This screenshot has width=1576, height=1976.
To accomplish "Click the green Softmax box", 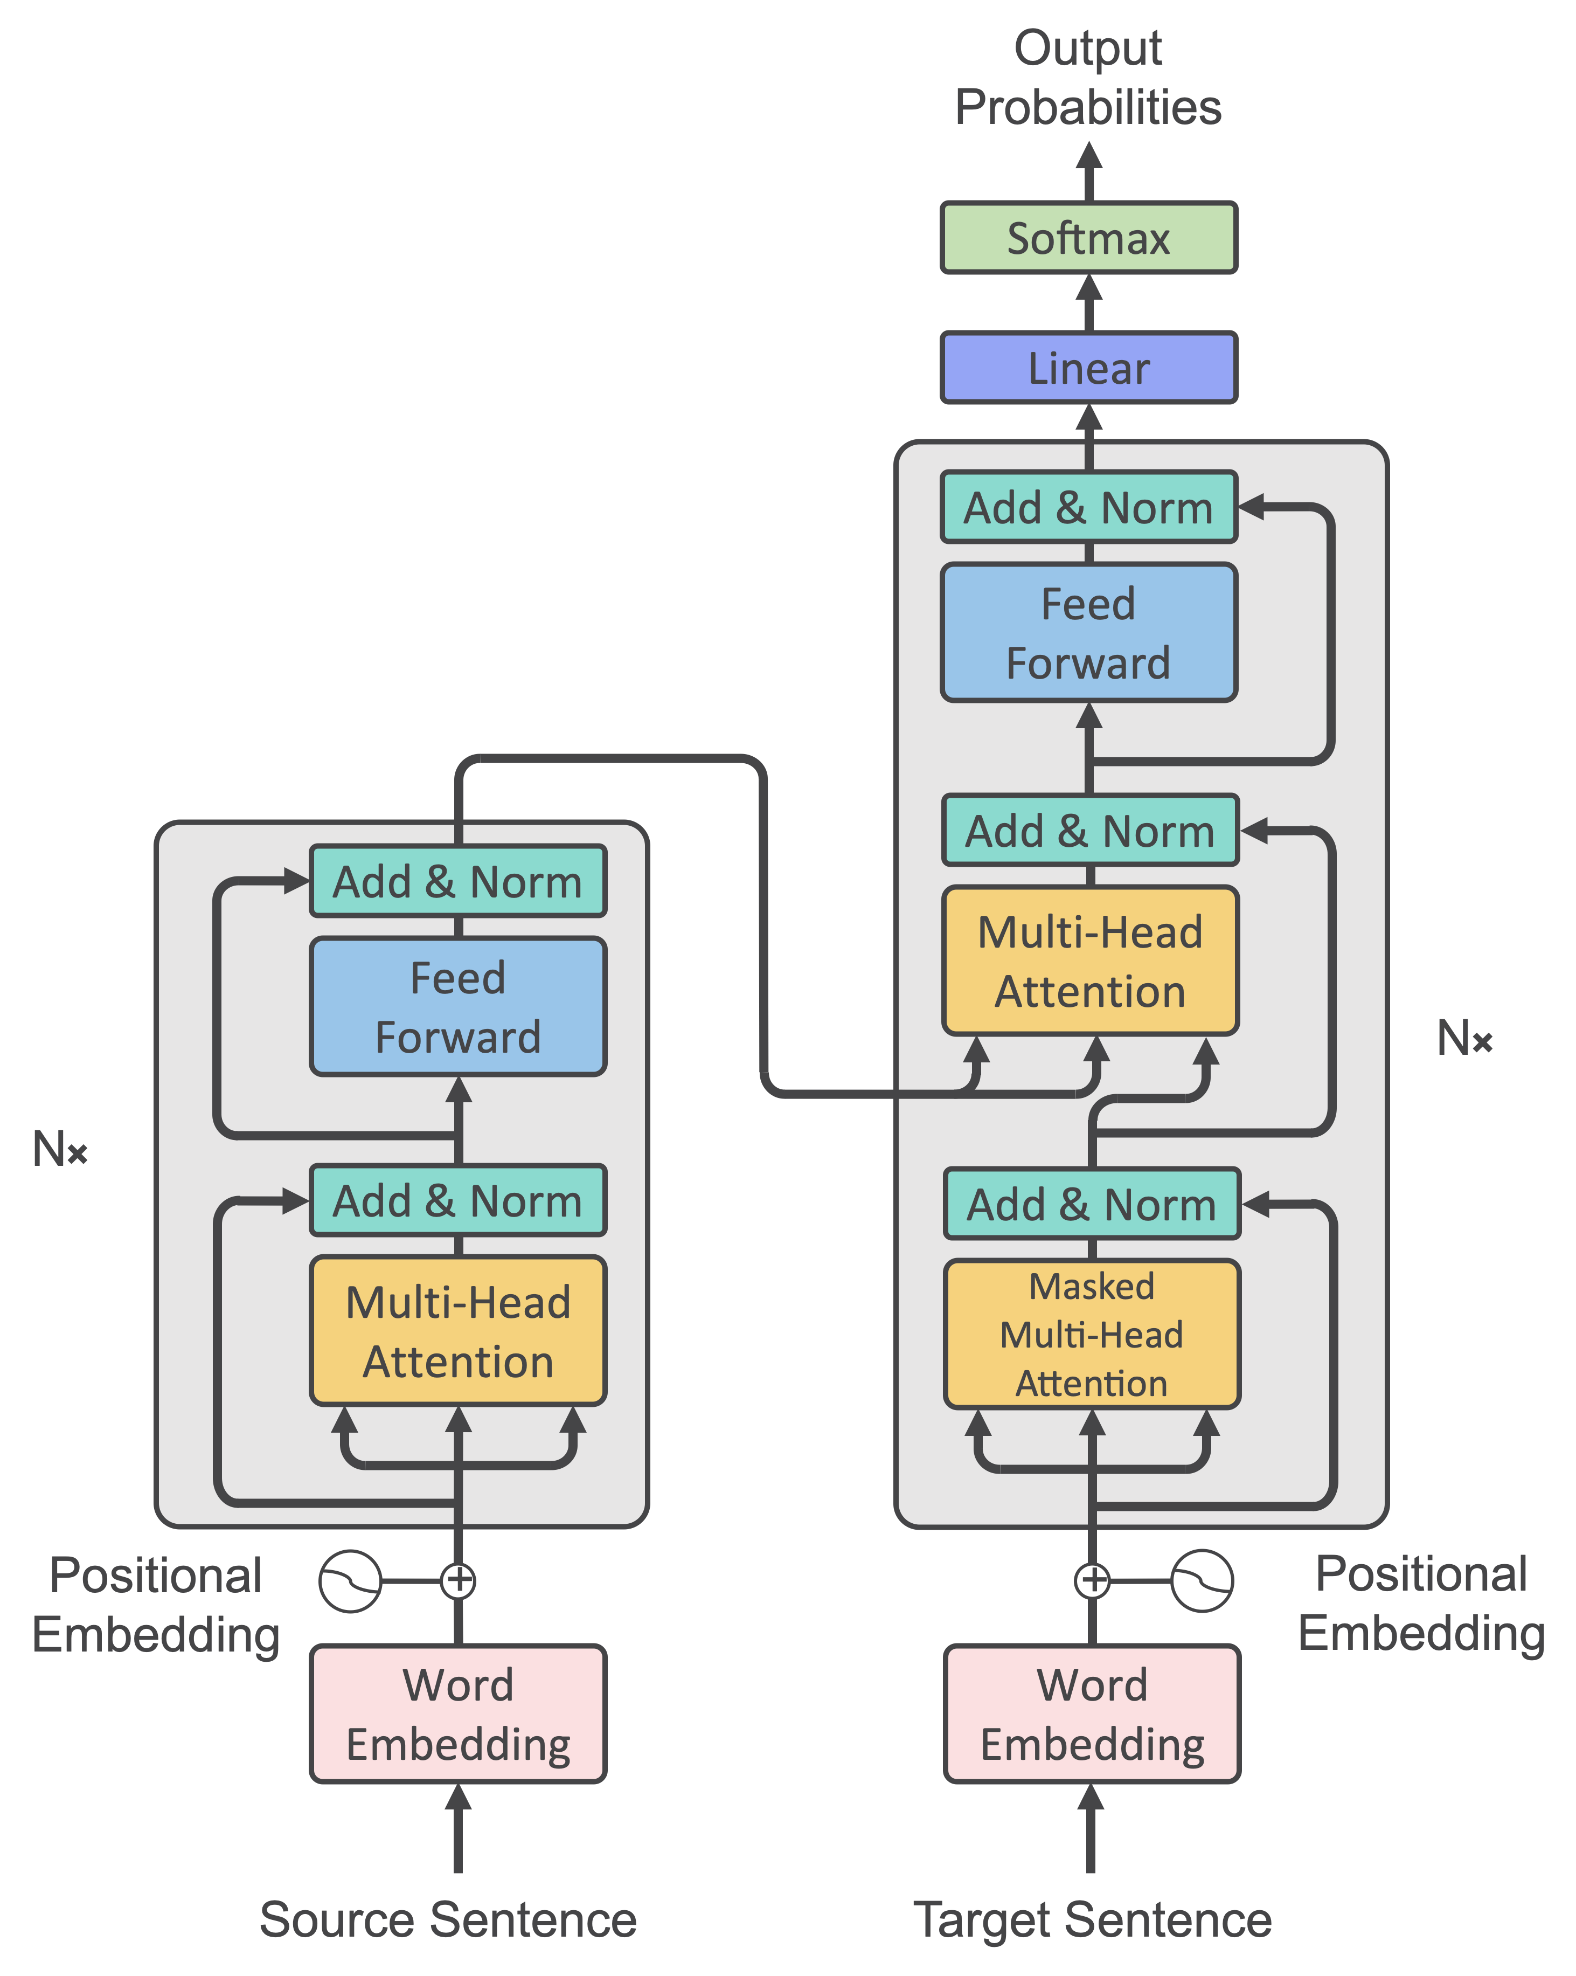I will pos(1088,238).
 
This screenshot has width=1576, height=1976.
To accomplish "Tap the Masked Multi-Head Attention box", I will pos(1091,1335).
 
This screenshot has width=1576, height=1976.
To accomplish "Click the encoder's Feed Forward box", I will pos(457,1006).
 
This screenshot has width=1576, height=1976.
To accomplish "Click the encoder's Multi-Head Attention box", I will pos(457,1331).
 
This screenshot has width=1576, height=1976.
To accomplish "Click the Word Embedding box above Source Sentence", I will pos(457,1714).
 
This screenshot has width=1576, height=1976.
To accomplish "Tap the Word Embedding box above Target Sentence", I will pos(1091,1714).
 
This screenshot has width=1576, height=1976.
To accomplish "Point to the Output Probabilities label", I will pos(1088,78).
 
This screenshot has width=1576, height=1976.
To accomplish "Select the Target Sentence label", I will pos(1092,1919).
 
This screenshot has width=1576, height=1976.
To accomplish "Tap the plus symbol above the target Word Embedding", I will pos(1091,1580).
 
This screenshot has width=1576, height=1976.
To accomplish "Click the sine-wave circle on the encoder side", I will pos(350,1581).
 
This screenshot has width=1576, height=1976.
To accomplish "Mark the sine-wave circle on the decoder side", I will pos(1201,1580).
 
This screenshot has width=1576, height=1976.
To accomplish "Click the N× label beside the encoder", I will pos(60,1149).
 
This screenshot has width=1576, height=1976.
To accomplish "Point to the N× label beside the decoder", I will pos(1464,1039).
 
